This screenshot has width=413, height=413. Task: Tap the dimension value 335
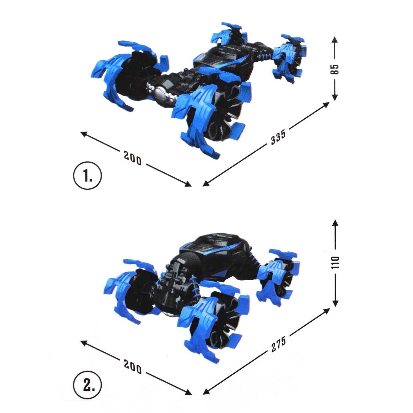(x=278, y=137)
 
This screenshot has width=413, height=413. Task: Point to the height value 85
(x=335, y=69)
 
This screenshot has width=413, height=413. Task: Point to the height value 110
(x=335, y=262)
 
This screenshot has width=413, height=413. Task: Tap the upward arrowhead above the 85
(x=335, y=39)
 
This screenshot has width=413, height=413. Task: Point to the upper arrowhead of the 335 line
(x=326, y=104)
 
